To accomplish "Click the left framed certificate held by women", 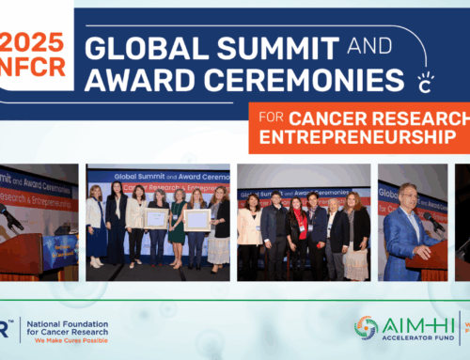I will (x=156, y=218).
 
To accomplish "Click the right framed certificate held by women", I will (x=196, y=220).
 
